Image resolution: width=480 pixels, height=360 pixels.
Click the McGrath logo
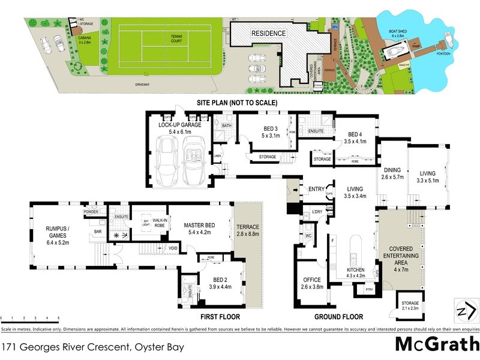(436, 345)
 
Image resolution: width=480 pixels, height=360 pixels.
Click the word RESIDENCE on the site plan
(268, 33)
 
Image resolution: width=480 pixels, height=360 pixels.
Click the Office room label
(312, 283)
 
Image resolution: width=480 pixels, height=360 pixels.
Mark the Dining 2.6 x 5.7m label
(392, 173)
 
